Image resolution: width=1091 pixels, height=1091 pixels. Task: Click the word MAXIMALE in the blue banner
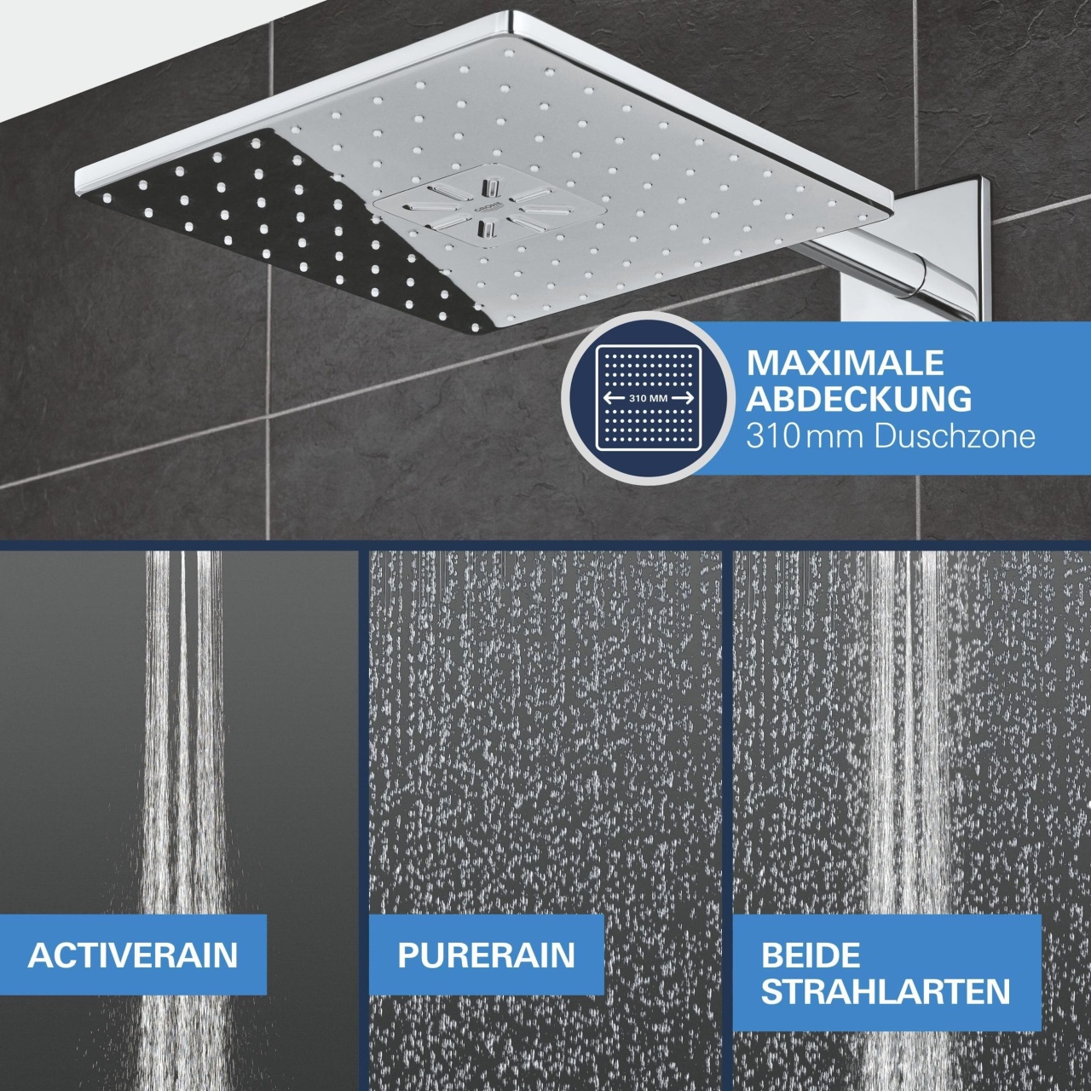click(846, 363)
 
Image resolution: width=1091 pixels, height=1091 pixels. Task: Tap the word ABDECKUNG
click(859, 399)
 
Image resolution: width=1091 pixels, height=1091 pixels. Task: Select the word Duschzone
click(955, 436)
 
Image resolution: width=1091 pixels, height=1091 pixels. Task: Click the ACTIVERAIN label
click(132, 955)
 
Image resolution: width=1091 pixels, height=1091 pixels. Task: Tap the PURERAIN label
click(487, 955)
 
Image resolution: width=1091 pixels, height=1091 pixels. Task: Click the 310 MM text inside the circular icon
click(649, 398)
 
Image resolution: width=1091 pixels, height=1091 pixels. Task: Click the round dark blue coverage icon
click(649, 399)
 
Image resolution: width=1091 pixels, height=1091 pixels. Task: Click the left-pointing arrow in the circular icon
click(614, 398)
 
